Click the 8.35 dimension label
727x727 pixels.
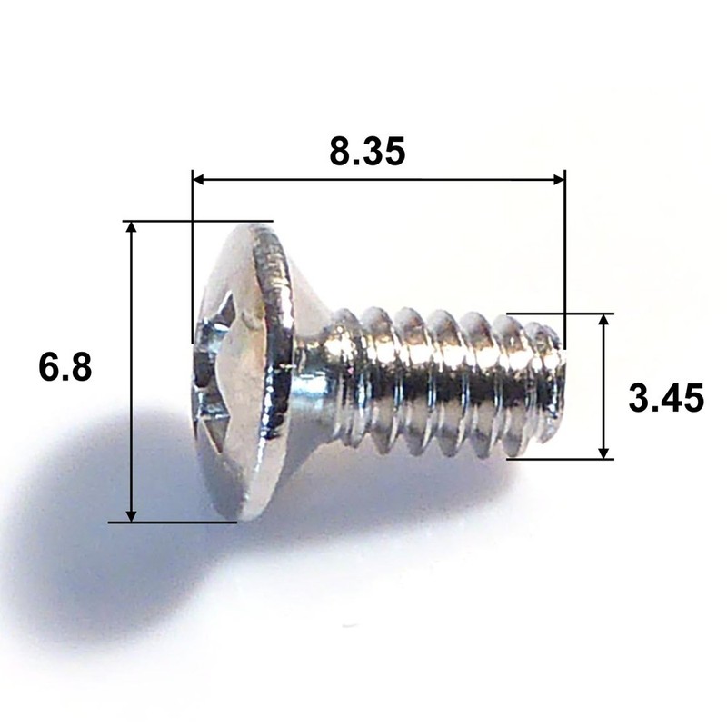pos(366,152)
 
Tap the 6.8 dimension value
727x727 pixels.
pos(65,368)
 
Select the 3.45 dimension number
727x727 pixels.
pos(666,398)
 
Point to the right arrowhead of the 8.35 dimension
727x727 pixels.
pos(557,181)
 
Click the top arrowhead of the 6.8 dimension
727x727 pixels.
pos(132,228)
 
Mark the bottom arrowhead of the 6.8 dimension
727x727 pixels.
pos(132,514)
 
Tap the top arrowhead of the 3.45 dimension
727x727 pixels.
pos(603,322)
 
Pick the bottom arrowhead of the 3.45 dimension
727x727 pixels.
pos(603,452)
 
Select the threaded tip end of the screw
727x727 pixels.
pos(551,382)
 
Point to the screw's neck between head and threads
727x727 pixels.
pos(314,373)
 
